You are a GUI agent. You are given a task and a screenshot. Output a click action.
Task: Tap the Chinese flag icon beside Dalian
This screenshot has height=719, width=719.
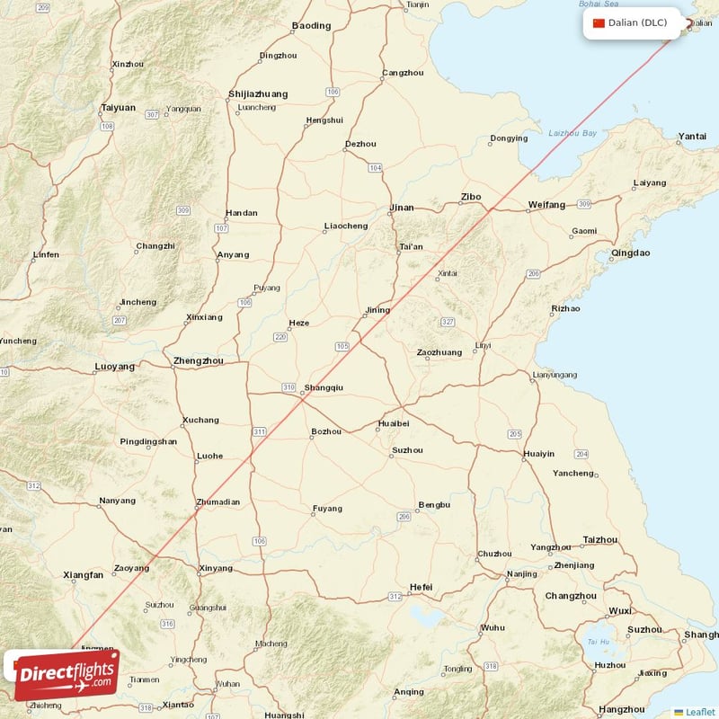599,22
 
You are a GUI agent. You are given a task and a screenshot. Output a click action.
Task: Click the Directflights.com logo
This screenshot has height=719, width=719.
67,675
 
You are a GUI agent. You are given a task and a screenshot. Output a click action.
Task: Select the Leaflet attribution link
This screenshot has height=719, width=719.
700,712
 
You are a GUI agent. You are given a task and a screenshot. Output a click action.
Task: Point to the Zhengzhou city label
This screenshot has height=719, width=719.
198,361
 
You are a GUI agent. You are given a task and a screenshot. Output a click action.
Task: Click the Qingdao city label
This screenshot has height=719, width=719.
630,253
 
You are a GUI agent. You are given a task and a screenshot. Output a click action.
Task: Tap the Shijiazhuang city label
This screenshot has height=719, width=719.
259,93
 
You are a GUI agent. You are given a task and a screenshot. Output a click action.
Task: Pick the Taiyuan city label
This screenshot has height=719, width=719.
118,108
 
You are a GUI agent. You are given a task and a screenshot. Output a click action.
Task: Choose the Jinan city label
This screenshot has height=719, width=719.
401,209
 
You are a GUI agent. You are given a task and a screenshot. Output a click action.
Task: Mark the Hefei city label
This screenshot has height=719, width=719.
421,588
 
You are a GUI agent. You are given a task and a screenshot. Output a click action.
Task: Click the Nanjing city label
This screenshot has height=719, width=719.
522,574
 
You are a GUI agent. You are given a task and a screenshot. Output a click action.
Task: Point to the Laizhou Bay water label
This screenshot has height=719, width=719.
573,133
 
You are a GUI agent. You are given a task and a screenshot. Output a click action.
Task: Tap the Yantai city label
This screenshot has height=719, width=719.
692,137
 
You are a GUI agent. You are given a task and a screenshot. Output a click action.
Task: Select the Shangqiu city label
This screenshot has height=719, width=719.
324,388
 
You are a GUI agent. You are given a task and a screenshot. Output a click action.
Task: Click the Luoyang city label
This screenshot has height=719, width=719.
114,367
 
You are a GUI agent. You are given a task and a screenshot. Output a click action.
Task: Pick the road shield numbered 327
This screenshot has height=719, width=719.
448,321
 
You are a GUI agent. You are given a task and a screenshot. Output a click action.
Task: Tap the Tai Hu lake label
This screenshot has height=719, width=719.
597,642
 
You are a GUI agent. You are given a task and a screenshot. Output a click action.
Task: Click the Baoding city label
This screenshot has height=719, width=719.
311,26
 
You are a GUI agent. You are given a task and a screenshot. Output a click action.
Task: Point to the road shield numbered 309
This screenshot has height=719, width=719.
183,210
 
